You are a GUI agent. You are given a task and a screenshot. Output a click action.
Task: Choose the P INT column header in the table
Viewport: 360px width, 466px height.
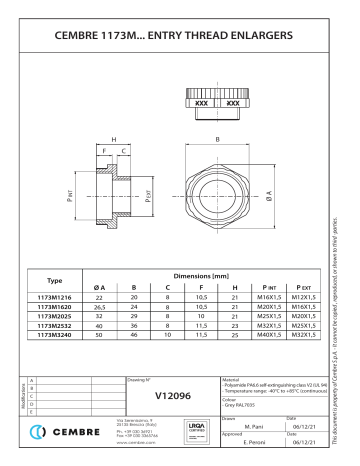click(x=268, y=287)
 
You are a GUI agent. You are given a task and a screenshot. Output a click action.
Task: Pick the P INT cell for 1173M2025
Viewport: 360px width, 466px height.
click(x=268, y=317)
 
